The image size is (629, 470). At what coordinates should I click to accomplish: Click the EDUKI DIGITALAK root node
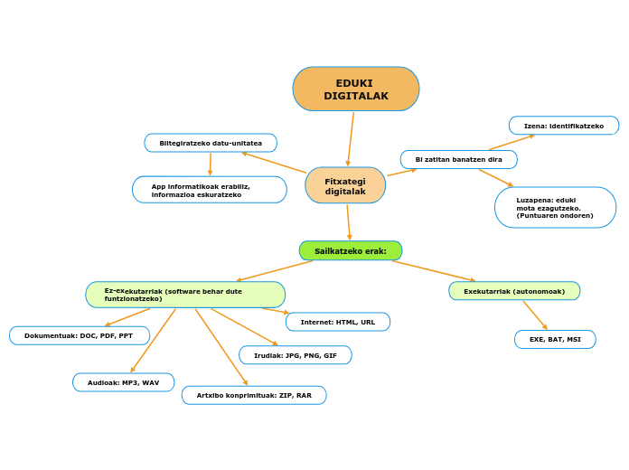[356, 89]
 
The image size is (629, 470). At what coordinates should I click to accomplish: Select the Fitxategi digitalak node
[345, 185]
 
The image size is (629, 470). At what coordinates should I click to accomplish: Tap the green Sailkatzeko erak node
[351, 250]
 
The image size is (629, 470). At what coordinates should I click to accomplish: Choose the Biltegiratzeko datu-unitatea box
[211, 143]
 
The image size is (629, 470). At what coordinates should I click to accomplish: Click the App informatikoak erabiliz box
[210, 190]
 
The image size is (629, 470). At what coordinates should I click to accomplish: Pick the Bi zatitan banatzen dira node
[459, 159]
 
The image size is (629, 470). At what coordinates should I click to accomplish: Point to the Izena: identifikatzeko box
[564, 126]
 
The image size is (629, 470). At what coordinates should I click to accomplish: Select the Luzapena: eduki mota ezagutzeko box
[555, 208]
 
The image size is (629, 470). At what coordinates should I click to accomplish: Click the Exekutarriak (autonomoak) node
[514, 291]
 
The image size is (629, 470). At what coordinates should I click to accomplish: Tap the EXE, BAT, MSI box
[555, 339]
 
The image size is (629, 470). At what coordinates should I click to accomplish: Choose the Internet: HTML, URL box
[338, 322]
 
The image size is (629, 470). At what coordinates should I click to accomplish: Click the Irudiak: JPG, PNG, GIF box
[296, 355]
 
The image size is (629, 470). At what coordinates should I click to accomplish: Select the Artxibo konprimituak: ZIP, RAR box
[254, 395]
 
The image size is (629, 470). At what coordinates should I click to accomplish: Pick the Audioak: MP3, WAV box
[124, 382]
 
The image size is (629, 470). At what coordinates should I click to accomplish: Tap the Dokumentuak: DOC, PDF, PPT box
[80, 335]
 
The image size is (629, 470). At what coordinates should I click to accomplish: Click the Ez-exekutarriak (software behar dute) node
[185, 295]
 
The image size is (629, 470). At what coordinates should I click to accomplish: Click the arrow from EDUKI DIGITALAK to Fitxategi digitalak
[351, 137]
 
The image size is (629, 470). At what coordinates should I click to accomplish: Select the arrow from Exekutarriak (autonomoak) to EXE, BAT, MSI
[535, 315]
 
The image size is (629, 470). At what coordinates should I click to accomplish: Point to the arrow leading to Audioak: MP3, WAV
[154, 340]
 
